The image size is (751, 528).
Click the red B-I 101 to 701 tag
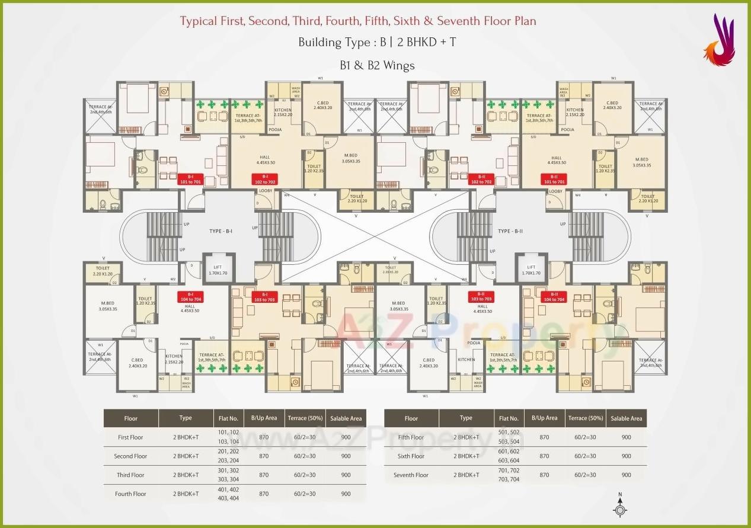pos(190,179)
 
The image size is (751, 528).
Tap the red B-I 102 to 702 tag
pos(265,179)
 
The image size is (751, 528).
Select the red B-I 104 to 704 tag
pos(191,297)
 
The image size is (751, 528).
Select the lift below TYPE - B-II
pos(531,270)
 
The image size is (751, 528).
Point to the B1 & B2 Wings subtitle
pos(377,65)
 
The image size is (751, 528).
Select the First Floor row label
pos(130,437)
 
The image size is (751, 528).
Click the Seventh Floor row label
pos(411,475)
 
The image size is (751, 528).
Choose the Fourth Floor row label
pos(130,494)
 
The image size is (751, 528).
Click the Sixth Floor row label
pos(411,456)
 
